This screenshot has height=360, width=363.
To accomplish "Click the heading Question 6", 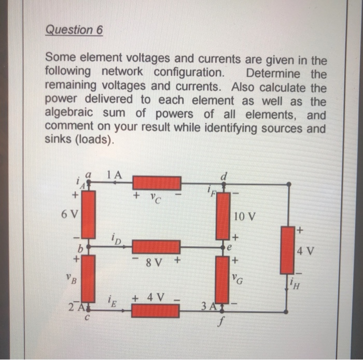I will coord(74,30).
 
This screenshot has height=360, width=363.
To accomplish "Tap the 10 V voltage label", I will coord(244,215).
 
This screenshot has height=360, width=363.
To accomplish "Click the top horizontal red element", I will coord(157,183).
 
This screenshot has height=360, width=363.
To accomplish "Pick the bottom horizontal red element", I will coord(155,310).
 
